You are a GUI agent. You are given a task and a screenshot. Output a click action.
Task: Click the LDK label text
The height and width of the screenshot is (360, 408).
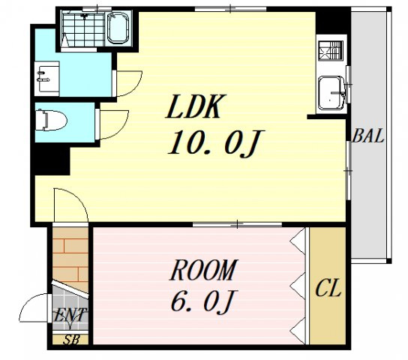pyautogui.click(x=196, y=106)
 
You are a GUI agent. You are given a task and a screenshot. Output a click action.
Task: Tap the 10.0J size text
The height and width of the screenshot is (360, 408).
pyautogui.click(x=216, y=143)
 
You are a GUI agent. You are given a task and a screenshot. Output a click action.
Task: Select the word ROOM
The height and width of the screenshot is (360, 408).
pyautogui.click(x=204, y=270)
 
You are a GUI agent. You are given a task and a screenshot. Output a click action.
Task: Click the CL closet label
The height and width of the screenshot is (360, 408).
pyautogui.click(x=328, y=288)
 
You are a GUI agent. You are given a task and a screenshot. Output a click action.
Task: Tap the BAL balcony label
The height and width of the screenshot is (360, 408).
pyautogui.click(x=367, y=136)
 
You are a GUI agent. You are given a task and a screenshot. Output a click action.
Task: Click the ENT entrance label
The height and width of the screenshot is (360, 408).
pyautogui.click(x=70, y=315)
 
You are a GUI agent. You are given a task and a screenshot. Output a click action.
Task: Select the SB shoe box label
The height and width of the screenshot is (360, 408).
pyautogui.click(x=71, y=340)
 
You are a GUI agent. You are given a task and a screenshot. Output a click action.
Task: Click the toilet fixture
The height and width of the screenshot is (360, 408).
pyautogui.click(x=51, y=120)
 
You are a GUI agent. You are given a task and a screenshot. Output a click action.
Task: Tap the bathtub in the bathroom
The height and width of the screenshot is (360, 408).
pyautogui.click(x=118, y=28)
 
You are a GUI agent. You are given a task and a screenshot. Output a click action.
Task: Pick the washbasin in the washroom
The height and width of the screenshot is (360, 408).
pyautogui.click(x=46, y=79)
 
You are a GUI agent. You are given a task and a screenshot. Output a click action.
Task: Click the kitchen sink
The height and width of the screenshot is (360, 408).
pyautogui.click(x=331, y=93)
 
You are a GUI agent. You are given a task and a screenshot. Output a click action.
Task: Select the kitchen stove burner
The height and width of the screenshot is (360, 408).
pyautogui.click(x=331, y=51)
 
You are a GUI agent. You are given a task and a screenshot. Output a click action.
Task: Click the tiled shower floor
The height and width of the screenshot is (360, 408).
pyautogui.click(x=83, y=28)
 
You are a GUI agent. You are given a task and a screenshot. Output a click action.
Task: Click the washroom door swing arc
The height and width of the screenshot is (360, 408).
pyautogui.click(x=128, y=83)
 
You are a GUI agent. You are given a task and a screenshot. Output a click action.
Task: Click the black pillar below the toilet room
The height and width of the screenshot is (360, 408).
pyautogui.click(x=51, y=159)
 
